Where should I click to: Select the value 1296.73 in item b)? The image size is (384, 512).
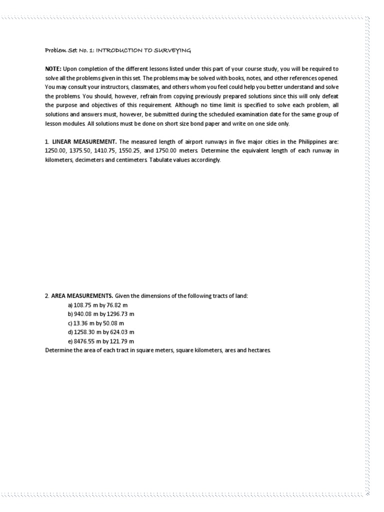click(120, 314)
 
